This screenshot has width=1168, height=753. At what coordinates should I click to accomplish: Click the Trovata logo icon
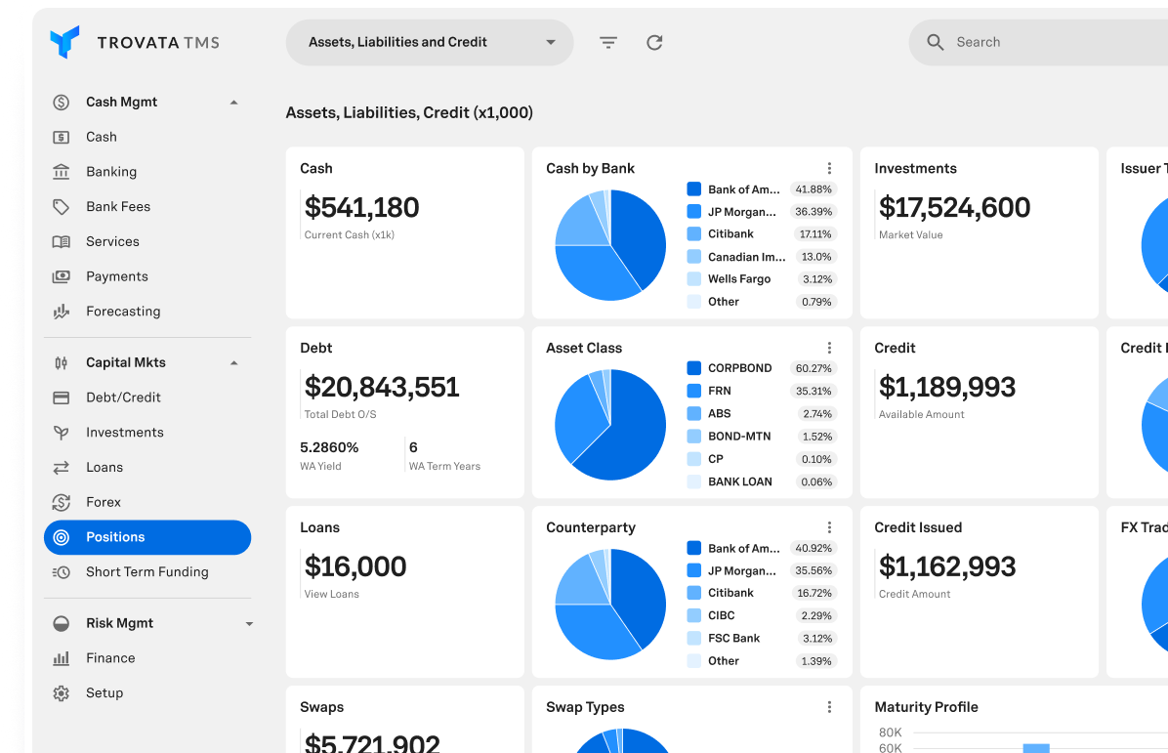point(64,42)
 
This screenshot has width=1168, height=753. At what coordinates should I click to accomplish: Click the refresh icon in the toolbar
point(654,43)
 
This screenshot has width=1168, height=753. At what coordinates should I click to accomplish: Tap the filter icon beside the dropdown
point(608,43)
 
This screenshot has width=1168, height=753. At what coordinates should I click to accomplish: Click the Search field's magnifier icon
point(935,43)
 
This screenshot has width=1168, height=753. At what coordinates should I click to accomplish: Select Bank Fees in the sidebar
point(117,207)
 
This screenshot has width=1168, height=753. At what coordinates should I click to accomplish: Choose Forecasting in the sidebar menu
point(122,312)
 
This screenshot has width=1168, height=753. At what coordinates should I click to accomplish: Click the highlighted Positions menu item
point(146,537)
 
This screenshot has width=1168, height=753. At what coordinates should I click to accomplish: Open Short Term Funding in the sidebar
point(146,572)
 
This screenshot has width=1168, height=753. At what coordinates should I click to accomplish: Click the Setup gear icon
point(61,693)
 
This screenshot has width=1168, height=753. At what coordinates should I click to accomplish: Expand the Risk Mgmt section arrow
point(249,624)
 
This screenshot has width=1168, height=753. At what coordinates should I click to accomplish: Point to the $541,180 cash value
point(361,208)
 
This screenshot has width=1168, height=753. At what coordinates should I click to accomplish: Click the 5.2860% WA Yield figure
point(329,447)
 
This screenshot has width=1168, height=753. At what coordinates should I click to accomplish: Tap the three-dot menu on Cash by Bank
point(829,169)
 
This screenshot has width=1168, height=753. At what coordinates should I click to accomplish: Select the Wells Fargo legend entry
point(738,279)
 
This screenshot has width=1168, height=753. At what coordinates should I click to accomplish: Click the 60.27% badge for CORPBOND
point(813,369)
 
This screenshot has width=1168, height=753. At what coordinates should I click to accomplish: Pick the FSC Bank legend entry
point(733,639)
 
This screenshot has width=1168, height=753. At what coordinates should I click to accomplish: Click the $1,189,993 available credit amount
point(946,388)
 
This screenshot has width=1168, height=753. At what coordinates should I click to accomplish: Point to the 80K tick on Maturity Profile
point(890,732)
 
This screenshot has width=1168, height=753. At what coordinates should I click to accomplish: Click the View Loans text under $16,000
point(331,594)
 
